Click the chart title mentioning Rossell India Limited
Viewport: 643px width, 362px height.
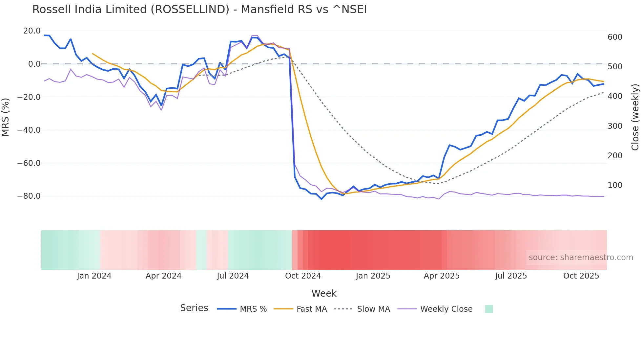(199, 10)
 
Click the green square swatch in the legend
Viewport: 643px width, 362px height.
(489, 309)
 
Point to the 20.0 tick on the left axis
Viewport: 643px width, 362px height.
(32, 31)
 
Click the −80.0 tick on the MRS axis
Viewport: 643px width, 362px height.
(29, 196)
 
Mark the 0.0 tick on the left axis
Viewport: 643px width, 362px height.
(34, 64)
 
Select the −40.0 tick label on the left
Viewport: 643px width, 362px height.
(29, 130)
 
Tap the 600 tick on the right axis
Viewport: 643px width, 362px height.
(615, 37)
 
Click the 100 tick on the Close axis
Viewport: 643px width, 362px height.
(615, 185)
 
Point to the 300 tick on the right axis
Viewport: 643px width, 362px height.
(615, 126)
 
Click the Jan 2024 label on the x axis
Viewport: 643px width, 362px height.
(94, 276)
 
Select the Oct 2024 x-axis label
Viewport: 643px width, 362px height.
(303, 276)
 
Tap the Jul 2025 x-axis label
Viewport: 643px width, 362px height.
(511, 276)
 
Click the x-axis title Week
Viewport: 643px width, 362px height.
(324, 293)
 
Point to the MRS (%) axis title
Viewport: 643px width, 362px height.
(6, 117)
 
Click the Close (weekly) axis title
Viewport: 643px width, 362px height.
(635, 117)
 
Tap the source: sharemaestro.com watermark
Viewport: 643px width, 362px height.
(581, 258)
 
